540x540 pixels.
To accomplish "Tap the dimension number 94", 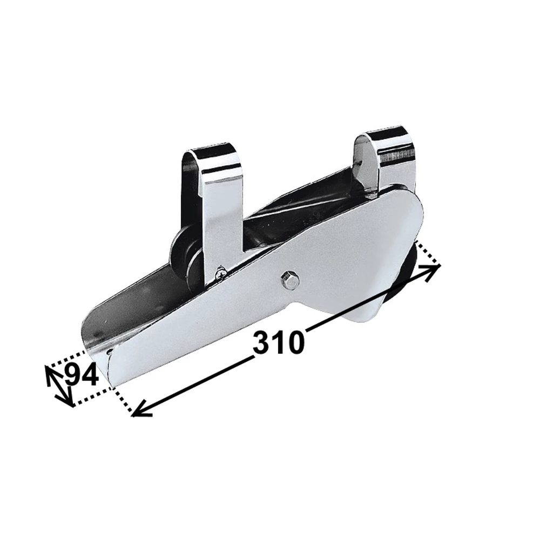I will pos(81,376).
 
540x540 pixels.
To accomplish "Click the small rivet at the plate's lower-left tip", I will pos(110,352).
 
